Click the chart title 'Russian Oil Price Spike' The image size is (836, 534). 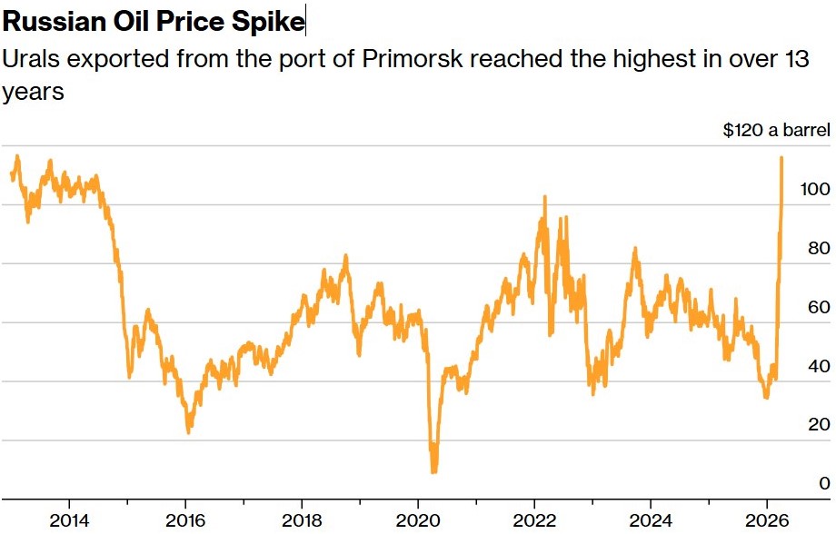click(x=154, y=19)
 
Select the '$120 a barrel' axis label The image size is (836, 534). click(x=776, y=130)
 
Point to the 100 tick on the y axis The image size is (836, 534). click(x=815, y=190)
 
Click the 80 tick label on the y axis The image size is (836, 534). click(x=818, y=249)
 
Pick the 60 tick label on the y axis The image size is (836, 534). click(x=818, y=308)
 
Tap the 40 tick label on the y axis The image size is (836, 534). click(x=818, y=367)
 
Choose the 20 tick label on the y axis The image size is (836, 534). click(x=818, y=425)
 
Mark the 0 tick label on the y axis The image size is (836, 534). click(x=823, y=484)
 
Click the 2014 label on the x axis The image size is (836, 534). click(x=69, y=519)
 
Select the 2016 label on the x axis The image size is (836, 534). click(x=185, y=519)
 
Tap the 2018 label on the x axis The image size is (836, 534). click(x=302, y=519)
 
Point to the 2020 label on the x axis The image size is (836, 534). click(x=418, y=519)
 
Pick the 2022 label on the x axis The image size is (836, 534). click(x=533, y=519)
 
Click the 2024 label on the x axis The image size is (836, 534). click(x=650, y=519)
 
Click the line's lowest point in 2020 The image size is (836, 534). click(x=434, y=471)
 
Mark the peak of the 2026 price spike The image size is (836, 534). click(x=781, y=158)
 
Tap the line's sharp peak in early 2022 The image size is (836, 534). click(x=544, y=196)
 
